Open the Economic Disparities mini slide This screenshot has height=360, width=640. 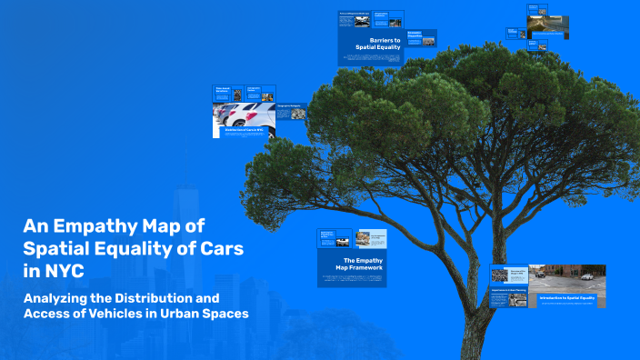(x=421, y=37)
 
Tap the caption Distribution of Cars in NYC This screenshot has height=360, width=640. (x=244, y=130)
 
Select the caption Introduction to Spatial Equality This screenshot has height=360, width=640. (x=567, y=298)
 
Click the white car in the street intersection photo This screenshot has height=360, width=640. (x=585, y=275)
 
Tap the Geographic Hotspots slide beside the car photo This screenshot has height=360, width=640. (x=289, y=110)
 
